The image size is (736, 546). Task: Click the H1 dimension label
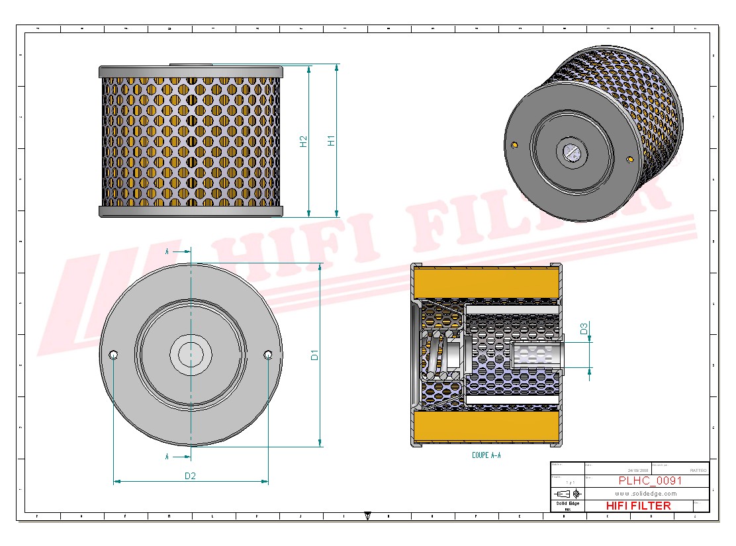332,140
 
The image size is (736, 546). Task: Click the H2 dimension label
303,141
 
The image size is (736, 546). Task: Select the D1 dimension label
315,355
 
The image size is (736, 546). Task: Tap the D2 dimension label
190,475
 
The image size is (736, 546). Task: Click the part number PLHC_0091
649,481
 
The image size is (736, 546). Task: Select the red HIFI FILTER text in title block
638,506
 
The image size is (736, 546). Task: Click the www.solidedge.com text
645,494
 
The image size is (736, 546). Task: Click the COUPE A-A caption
486,455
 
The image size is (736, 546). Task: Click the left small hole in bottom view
114,355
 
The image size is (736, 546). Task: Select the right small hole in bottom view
267,355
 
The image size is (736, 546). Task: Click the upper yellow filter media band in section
486,283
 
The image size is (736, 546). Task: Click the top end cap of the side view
191,71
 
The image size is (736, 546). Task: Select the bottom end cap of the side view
191,211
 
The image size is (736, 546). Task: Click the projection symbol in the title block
569,494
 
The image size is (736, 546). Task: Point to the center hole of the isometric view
571,152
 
